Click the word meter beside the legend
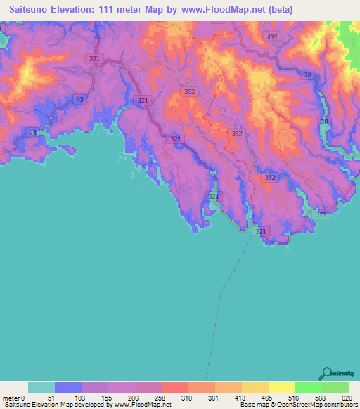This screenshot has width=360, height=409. tap(11, 397)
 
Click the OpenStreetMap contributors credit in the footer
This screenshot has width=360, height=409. tap(321, 405)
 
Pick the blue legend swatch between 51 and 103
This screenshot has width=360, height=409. tap(68, 387)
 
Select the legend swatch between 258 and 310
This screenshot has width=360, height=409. tap(175, 387)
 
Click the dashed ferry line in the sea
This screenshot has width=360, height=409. tap(223, 288)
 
